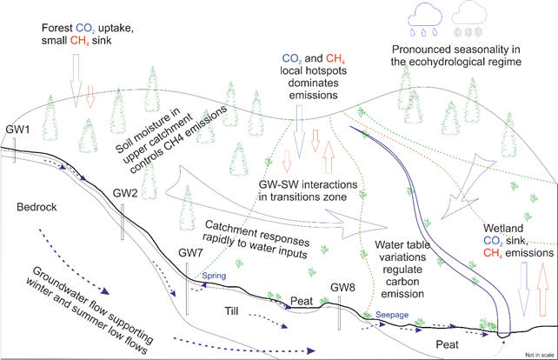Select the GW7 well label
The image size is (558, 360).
pyautogui.click(x=190, y=252)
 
